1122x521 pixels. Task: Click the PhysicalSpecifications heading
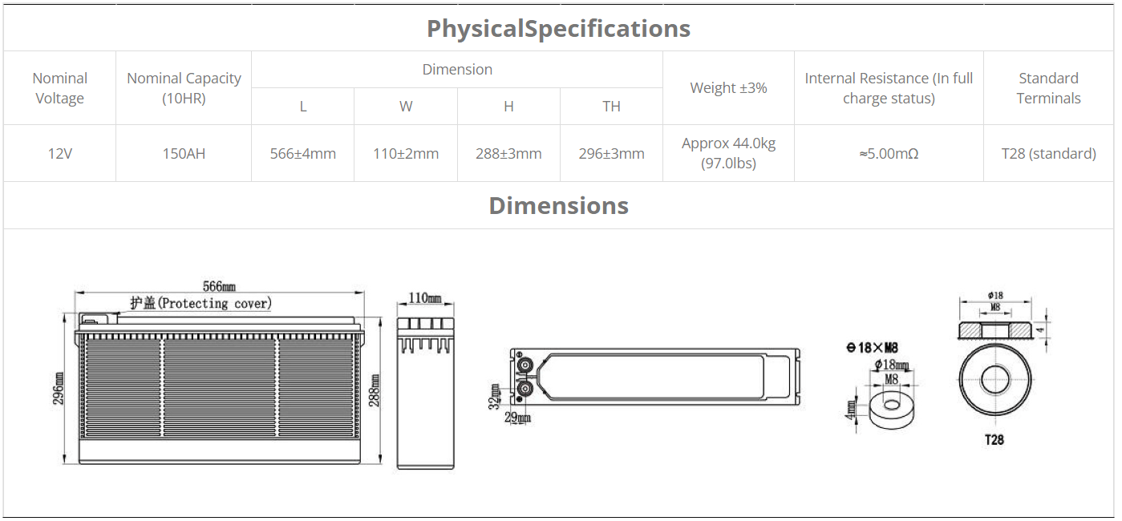coord(558,29)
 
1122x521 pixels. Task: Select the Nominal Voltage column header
coord(59,88)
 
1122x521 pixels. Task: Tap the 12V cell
coord(59,153)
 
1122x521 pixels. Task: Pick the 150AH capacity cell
coord(184,153)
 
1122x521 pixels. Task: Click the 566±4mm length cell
coord(303,153)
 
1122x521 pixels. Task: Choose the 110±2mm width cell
coord(406,153)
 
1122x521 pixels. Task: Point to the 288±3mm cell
coord(508,153)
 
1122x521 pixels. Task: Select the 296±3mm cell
coord(612,153)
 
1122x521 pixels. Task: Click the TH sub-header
coord(612,106)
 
